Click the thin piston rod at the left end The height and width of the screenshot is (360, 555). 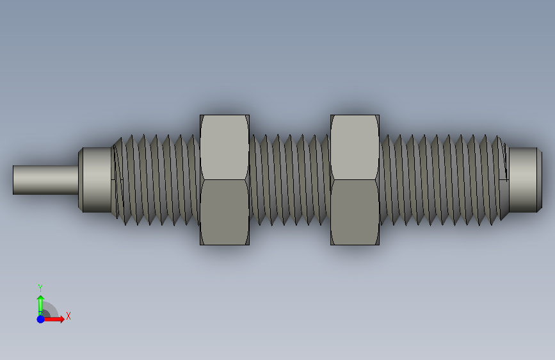[x=45, y=180]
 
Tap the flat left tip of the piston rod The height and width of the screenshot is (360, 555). [x=13, y=180]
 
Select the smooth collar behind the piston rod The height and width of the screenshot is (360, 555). [x=95, y=180]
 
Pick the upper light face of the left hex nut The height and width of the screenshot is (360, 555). [x=225, y=147]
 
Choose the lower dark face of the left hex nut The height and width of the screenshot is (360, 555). [x=225, y=212]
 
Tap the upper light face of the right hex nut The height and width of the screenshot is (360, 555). [x=355, y=147]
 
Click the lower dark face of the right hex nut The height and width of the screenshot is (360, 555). [x=355, y=212]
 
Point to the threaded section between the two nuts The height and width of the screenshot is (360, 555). [x=290, y=180]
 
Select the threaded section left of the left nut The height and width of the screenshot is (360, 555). [x=156, y=180]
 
